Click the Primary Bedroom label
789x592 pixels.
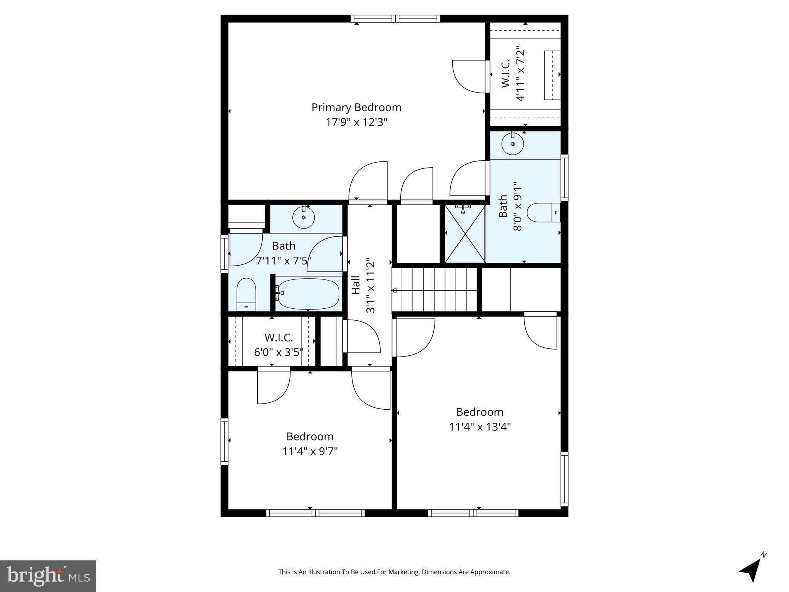click(356, 108)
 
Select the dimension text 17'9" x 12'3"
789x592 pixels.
click(356, 123)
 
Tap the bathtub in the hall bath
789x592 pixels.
click(308, 294)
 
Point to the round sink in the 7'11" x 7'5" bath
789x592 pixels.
click(304, 218)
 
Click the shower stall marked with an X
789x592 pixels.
click(465, 234)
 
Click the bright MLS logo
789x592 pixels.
click(48, 576)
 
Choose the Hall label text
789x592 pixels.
click(356, 285)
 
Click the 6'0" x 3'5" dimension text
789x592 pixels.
click(279, 352)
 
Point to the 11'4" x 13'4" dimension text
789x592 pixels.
click(480, 427)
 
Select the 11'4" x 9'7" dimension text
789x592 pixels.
click(310, 451)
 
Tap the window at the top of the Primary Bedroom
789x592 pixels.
click(395, 18)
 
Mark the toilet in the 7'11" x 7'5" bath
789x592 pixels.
click(246, 294)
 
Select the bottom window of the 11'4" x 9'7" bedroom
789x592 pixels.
click(315, 513)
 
